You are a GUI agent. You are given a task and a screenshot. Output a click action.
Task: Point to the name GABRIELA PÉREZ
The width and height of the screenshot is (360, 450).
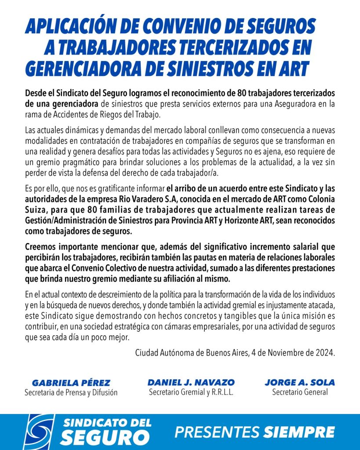point(71,383)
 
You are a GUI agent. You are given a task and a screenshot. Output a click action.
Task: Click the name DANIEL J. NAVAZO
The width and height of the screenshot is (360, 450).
point(191,382)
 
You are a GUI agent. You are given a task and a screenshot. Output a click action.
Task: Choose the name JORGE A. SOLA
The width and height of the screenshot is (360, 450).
point(299,382)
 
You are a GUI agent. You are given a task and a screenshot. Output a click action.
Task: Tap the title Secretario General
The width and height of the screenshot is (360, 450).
point(300,392)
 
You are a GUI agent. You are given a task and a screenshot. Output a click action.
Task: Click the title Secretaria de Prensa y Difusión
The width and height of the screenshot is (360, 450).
point(71,392)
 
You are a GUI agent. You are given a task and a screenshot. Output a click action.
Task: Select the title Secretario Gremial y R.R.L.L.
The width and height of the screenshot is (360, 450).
point(191,392)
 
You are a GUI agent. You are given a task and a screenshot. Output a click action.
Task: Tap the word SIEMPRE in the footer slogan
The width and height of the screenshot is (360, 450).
point(299,432)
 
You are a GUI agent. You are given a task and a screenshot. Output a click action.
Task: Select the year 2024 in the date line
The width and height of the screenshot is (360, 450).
point(325,352)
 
